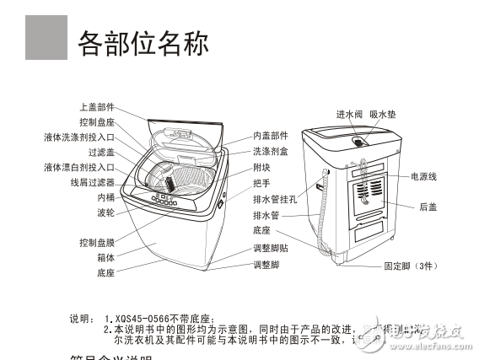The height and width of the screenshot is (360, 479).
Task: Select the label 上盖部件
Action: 96,107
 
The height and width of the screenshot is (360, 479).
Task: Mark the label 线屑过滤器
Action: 92,182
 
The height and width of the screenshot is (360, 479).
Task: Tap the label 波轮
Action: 105,212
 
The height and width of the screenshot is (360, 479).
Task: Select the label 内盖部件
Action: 270,135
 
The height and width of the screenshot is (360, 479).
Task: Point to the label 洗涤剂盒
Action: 270,151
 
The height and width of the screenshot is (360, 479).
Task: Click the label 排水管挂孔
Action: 274,199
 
